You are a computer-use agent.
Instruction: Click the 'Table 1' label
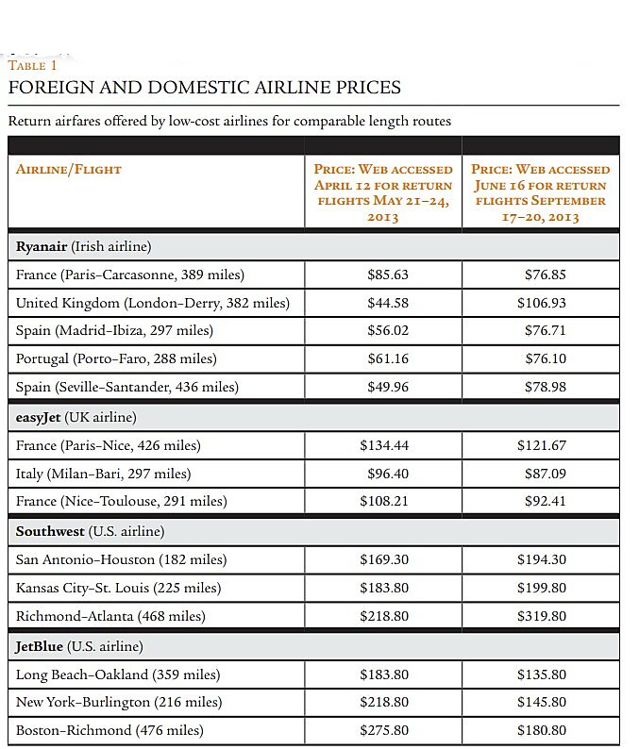tap(33, 66)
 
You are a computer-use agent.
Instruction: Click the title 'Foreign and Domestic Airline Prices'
tap(204, 88)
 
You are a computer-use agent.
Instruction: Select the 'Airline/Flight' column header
tap(69, 170)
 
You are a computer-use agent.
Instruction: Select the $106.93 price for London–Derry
tap(542, 303)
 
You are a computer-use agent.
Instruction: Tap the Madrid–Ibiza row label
tap(114, 331)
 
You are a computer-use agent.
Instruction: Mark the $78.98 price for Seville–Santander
tap(545, 387)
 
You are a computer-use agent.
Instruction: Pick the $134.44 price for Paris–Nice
tap(384, 445)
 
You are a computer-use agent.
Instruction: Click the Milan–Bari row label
tap(103, 474)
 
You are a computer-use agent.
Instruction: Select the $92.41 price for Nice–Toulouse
tap(545, 501)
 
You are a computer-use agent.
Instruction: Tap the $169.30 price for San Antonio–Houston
tap(384, 559)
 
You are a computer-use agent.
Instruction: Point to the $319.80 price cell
tap(542, 616)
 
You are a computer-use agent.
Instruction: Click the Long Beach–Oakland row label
tap(118, 674)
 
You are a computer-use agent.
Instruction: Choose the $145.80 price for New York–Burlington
tap(542, 702)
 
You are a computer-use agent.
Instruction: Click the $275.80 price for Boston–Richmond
tap(384, 730)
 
